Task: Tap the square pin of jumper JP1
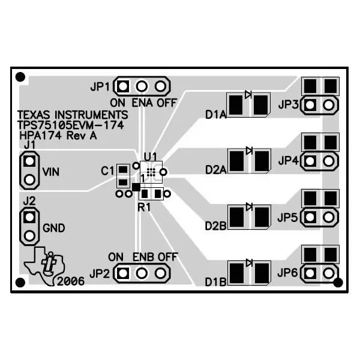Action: (x=123, y=87)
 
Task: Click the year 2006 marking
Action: (x=71, y=281)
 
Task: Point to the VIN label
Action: (x=52, y=171)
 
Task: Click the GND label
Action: (x=53, y=228)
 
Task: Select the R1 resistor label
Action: (x=144, y=207)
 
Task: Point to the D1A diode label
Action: (x=215, y=114)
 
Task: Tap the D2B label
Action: (x=215, y=226)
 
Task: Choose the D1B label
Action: (x=215, y=282)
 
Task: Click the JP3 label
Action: (x=288, y=105)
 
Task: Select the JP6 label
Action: (x=288, y=273)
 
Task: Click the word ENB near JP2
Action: (x=143, y=257)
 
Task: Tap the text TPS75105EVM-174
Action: (x=70, y=125)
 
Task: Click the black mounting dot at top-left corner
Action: (x=20, y=77)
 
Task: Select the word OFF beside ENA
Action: (x=167, y=102)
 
